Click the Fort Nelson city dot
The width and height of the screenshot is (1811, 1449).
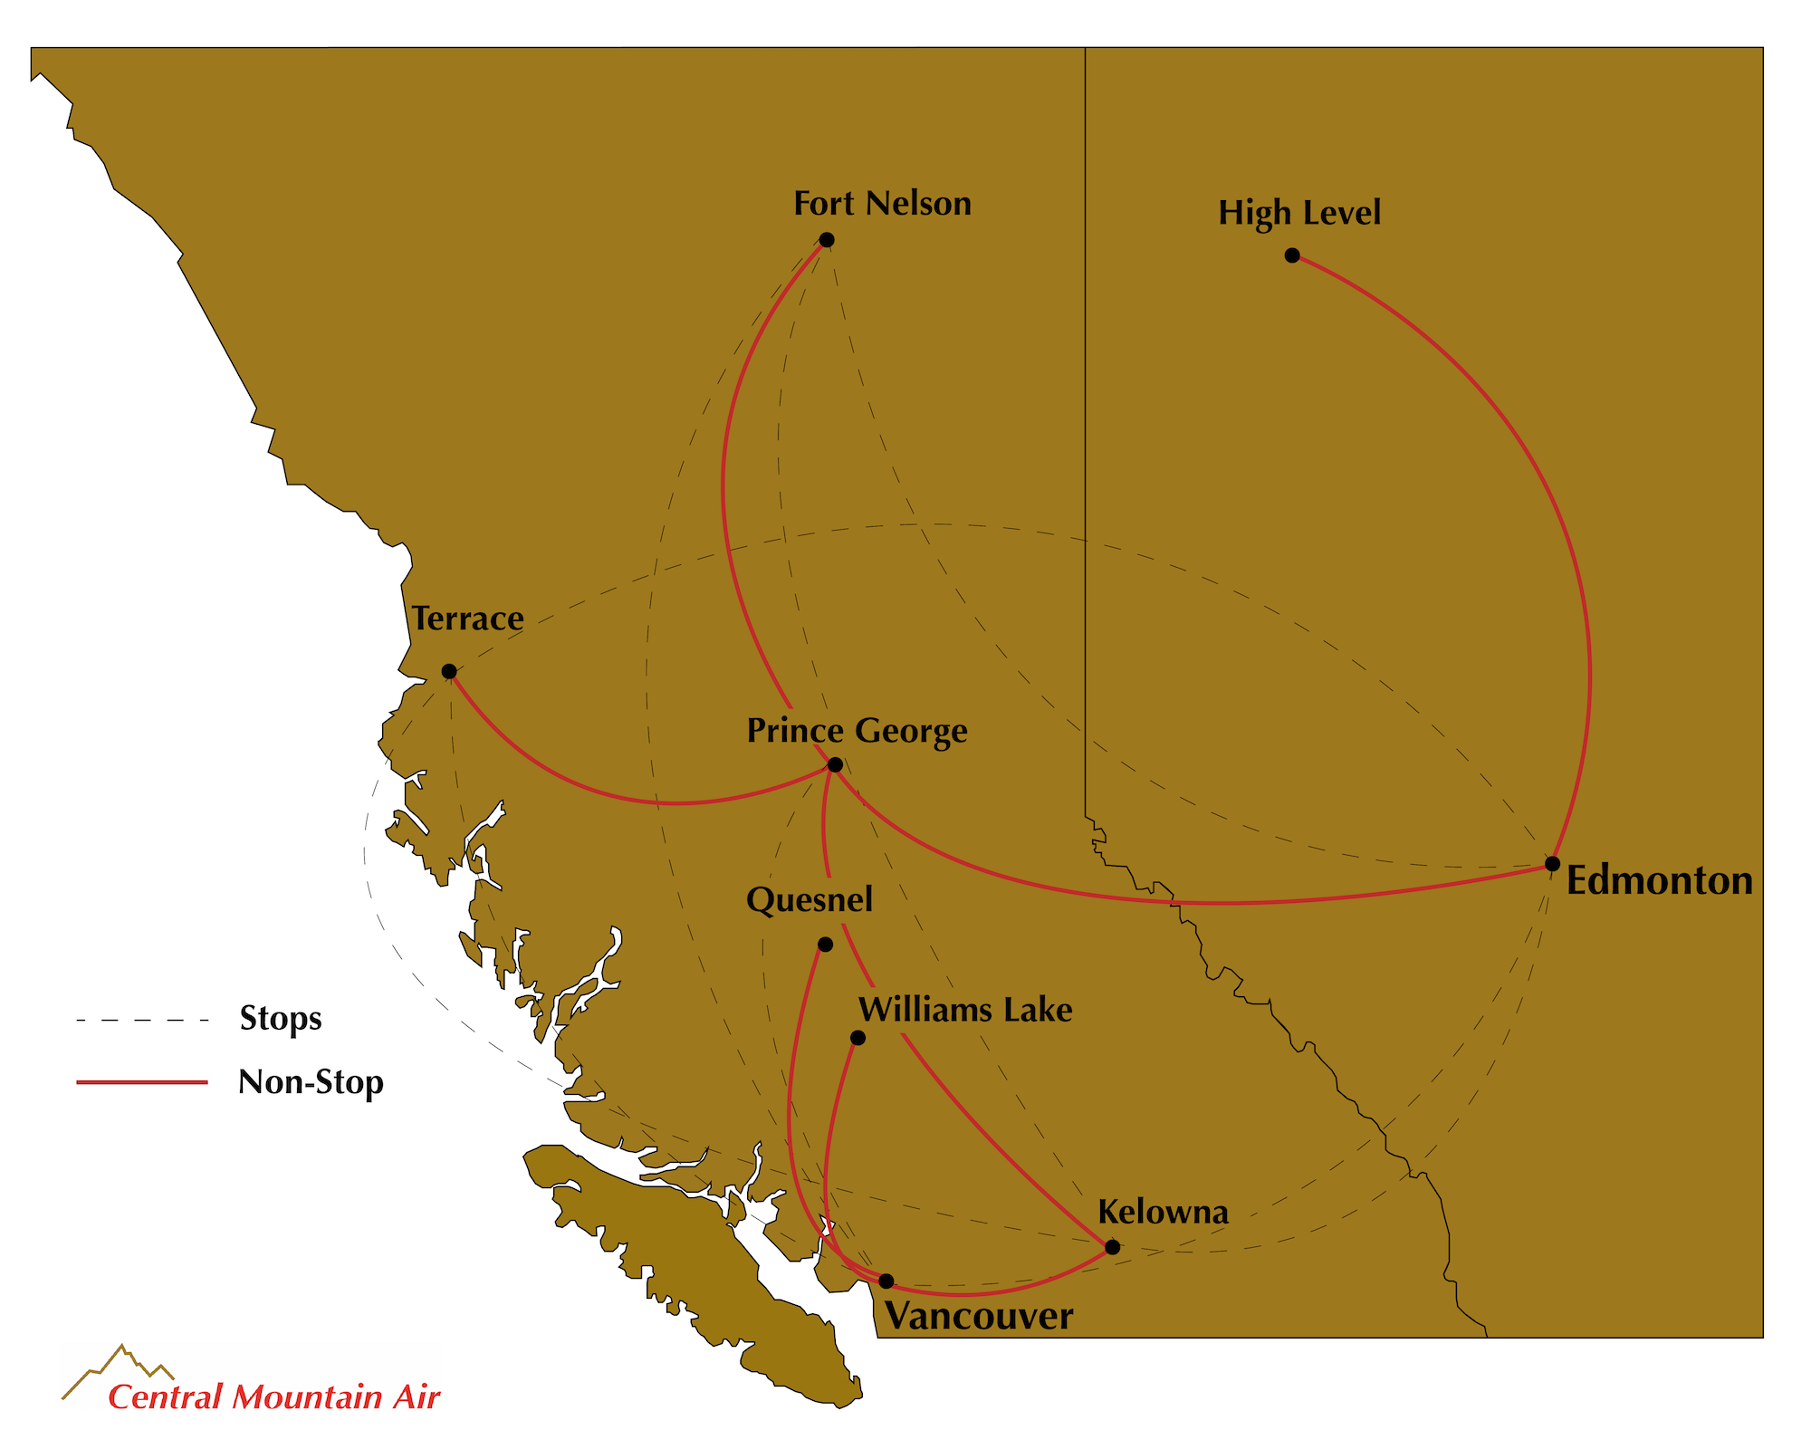[827, 240]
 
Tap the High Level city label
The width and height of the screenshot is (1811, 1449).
[1299, 213]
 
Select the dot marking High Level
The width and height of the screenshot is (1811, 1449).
[1292, 255]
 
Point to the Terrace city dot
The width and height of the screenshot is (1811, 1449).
[449, 671]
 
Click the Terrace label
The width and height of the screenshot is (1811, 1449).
[468, 619]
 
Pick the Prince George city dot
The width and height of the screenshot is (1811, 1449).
[836, 765]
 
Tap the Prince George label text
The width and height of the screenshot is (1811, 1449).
[857, 731]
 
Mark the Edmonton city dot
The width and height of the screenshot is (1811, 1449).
[1552, 863]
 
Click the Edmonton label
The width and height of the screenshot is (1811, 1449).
[1659, 880]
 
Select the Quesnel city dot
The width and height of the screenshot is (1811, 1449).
[825, 945]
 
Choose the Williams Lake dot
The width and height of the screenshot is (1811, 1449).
[858, 1038]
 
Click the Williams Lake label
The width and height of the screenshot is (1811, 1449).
[965, 1010]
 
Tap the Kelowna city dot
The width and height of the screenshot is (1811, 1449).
[1113, 1247]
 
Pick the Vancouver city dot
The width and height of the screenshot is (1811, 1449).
[886, 1281]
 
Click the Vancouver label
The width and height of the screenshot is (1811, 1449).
[979, 1316]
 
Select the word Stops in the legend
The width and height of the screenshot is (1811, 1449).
[281, 1019]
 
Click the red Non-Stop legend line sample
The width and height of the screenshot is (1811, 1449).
[142, 1082]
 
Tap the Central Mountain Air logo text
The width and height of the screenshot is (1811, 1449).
[273, 1397]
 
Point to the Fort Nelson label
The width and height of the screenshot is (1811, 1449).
[882, 204]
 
